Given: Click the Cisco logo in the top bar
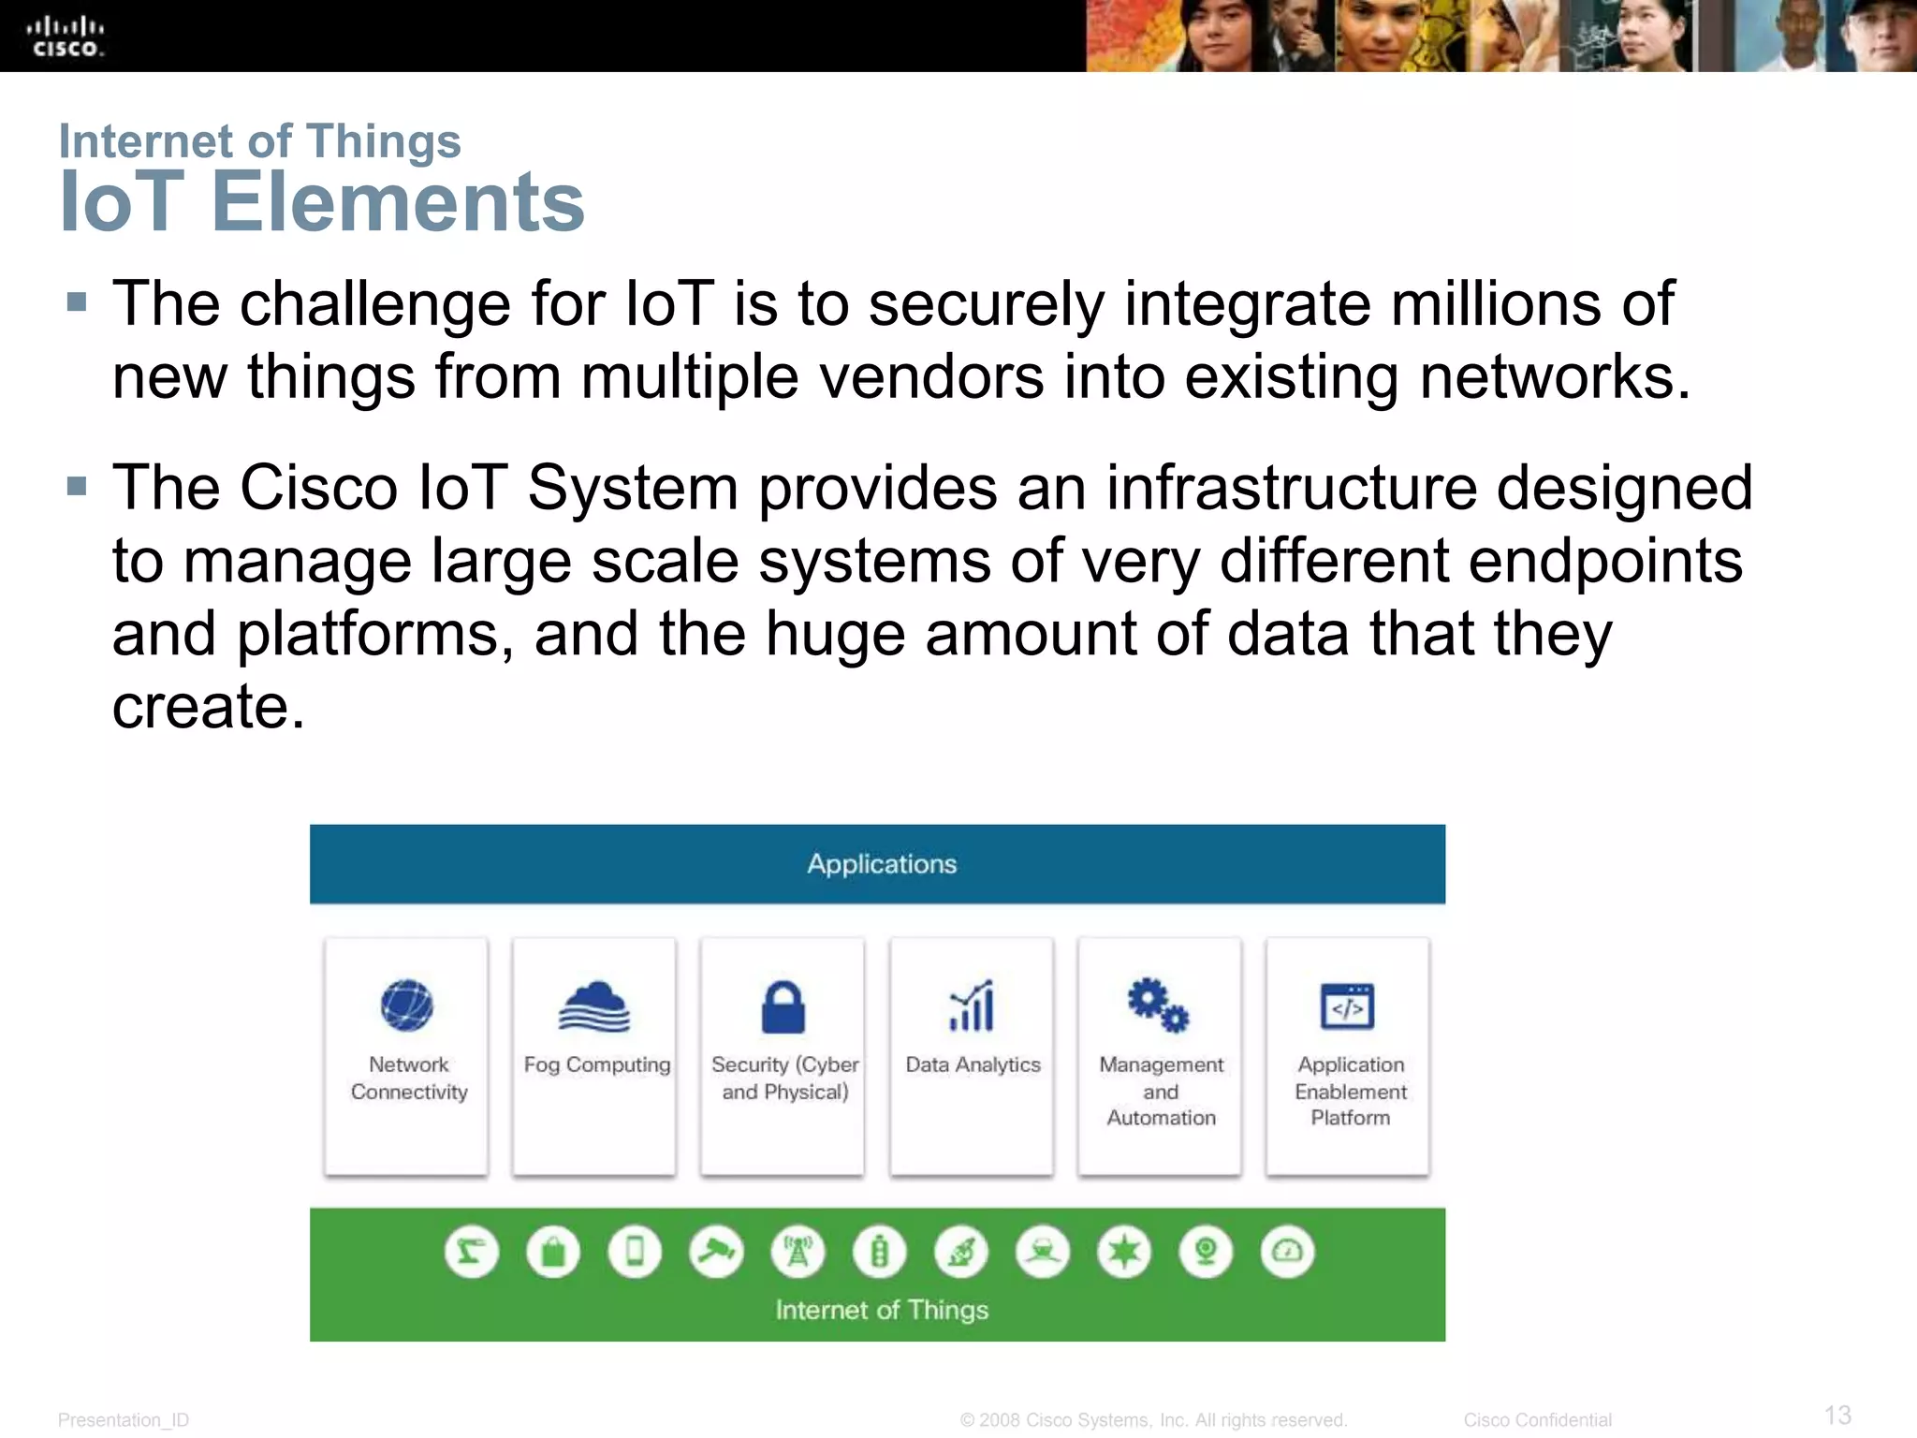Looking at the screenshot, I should point(66,37).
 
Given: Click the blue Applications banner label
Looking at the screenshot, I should point(882,863).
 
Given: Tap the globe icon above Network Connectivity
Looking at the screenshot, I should point(407,1005).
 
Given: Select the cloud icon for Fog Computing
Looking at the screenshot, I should point(594,1006).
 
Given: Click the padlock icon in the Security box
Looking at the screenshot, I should point(783,1006).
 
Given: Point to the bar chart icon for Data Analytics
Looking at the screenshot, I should point(972,1006).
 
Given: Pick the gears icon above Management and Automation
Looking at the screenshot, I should point(1158,1005).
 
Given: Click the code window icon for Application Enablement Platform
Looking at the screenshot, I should point(1347,1006).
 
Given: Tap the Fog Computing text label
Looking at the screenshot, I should point(596,1064).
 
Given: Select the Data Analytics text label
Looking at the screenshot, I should point(973,1064).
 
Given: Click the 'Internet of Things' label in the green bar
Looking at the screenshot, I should point(882,1310).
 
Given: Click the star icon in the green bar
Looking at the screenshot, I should point(1124,1252).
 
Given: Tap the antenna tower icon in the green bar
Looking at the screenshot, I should point(798,1252).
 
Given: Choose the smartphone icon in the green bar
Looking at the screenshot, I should point(635,1252).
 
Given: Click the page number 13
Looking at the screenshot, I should point(1837,1415).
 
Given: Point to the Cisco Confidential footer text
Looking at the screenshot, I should point(1537,1420).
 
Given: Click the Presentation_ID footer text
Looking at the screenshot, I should point(124,1420).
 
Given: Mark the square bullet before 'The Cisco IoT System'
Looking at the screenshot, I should point(77,487).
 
